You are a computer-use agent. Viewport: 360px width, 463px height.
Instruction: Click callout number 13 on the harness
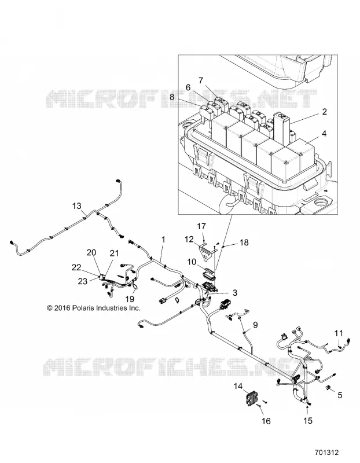pyautogui.click(x=77, y=206)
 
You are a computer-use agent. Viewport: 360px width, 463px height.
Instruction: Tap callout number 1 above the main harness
pyautogui.click(x=163, y=240)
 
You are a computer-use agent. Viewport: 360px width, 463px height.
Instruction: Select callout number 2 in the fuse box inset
pyautogui.click(x=324, y=112)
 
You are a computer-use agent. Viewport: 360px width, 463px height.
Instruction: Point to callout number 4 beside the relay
pyautogui.click(x=324, y=134)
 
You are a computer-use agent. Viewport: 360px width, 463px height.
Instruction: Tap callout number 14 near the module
pyautogui.click(x=238, y=386)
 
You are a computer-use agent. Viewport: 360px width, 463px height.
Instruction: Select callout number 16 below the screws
pyautogui.click(x=266, y=421)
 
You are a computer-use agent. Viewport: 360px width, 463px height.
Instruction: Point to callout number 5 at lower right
pyautogui.click(x=340, y=395)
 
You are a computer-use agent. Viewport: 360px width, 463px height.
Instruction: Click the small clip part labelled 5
pyautogui.click(x=328, y=387)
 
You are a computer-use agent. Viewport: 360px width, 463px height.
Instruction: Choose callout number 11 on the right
pyautogui.click(x=339, y=333)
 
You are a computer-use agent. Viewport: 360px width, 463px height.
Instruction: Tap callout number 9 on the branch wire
pyautogui.click(x=255, y=325)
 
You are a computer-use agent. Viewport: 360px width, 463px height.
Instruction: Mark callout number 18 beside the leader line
pyautogui.click(x=244, y=242)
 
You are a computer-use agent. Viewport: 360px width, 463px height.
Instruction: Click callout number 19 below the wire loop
pyautogui.click(x=130, y=299)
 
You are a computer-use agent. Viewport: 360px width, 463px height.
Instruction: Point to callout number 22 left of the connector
pyautogui.click(x=76, y=267)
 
